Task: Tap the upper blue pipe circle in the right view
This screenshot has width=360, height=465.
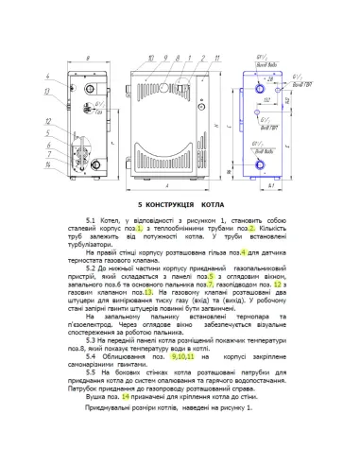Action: click(x=257, y=84)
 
